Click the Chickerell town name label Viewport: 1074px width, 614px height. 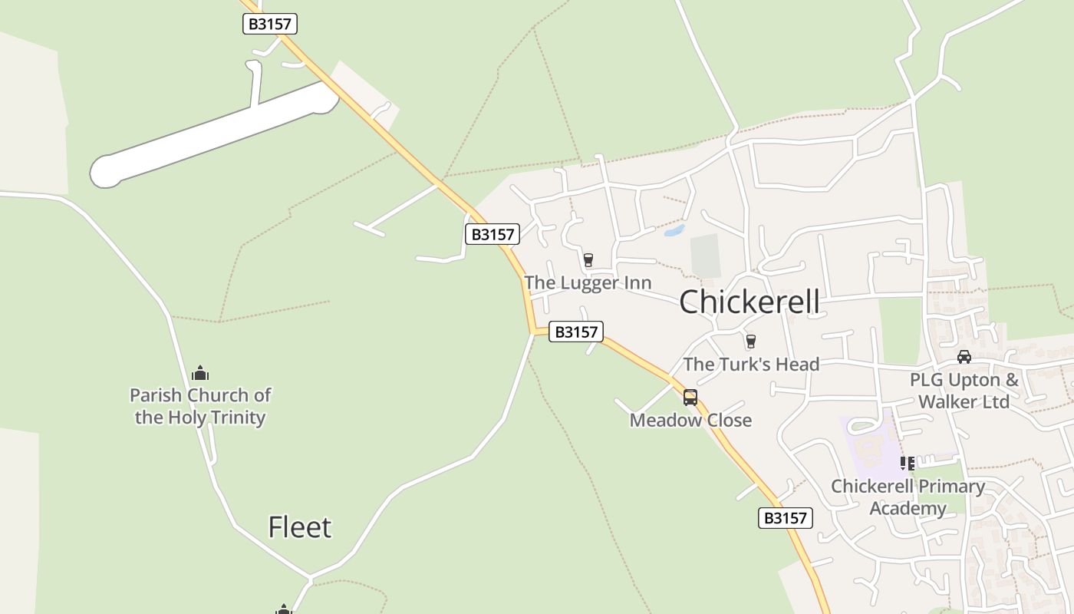tap(749, 302)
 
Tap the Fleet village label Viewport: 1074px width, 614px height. tap(300, 527)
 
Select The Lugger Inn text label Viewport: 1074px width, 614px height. tap(588, 282)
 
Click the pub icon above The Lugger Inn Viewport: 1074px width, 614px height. tap(588, 260)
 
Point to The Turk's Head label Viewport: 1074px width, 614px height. tap(751, 364)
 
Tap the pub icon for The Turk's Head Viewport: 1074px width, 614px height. tap(750, 342)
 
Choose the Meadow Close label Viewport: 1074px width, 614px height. tap(690, 420)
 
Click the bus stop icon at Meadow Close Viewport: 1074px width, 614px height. tap(690, 397)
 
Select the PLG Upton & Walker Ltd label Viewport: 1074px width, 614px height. tap(964, 391)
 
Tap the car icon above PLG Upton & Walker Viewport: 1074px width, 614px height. tap(964, 357)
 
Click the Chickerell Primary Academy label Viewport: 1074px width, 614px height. tap(908, 497)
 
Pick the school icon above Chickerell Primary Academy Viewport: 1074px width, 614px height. tap(908, 464)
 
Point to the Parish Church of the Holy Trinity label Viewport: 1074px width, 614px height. tap(200, 406)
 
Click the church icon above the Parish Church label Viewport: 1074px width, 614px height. tap(200, 374)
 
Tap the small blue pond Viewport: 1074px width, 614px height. tap(674, 230)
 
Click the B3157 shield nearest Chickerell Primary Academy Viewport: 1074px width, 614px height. tap(786, 518)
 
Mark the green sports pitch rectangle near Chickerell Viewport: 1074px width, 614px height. tap(706, 256)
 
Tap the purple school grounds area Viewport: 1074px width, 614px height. tap(867, 445)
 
